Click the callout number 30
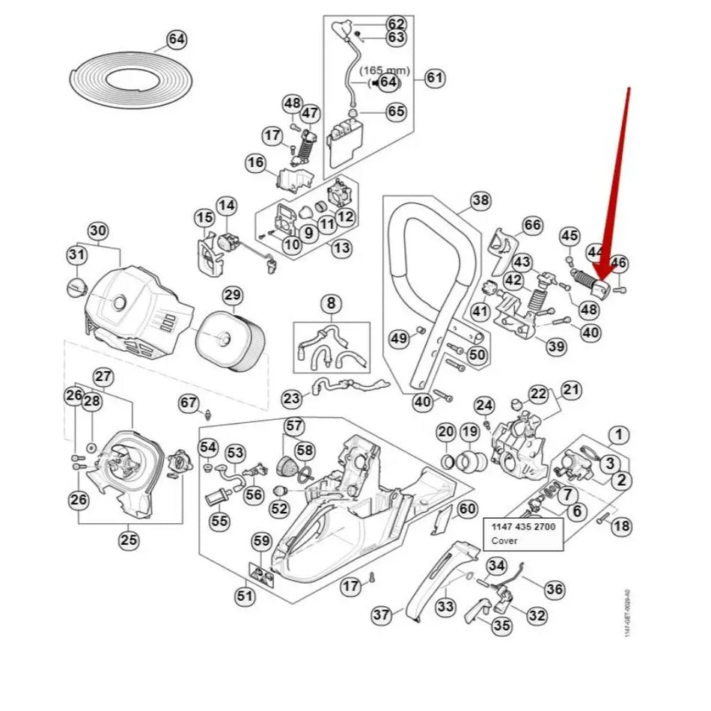97,230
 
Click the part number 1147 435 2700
523,527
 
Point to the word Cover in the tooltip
504,540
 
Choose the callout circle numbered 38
480,200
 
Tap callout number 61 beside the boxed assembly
434,78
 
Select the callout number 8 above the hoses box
331,304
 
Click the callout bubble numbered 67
189,403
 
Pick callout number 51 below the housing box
245,596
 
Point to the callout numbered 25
129,539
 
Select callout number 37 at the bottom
382,615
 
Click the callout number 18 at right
621,526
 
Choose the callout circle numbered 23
291,398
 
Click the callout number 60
467,509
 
